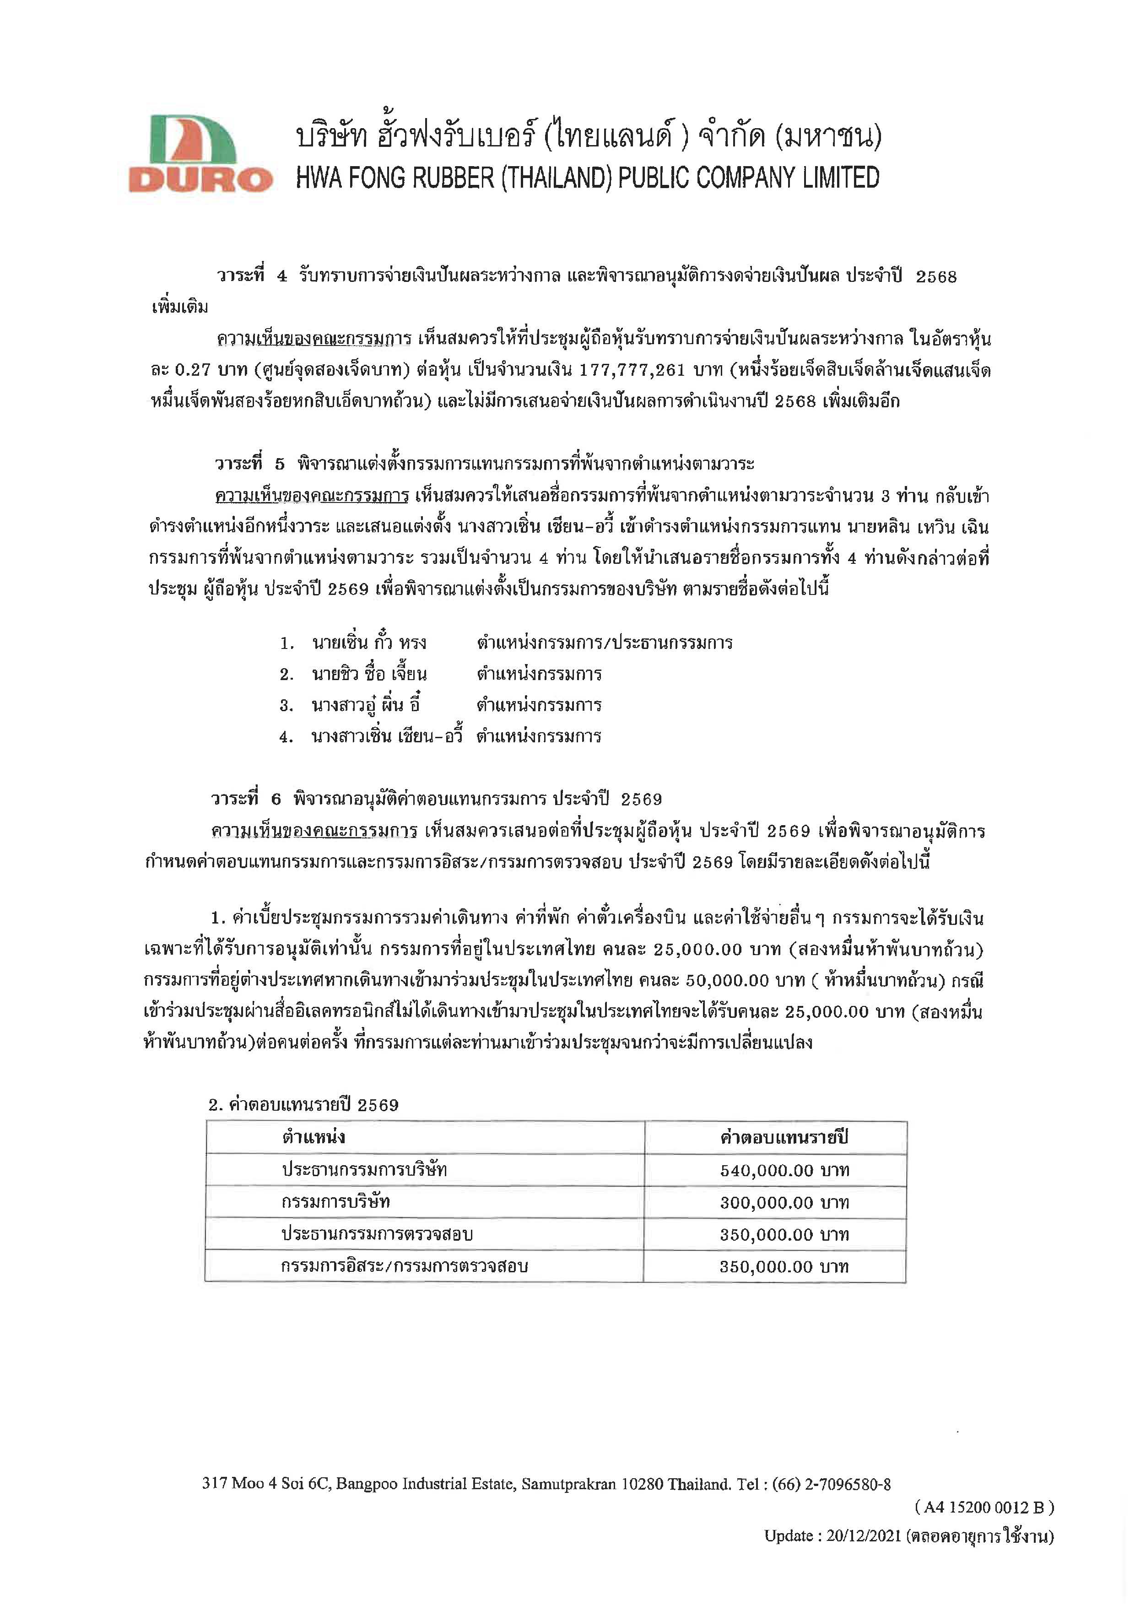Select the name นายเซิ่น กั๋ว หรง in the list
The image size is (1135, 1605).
(x=369, y=643)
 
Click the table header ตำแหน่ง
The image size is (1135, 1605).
(x=314, y=1137)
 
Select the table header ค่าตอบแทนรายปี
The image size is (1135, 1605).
(x=784, y=1137)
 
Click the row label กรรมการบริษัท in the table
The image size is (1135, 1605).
(x=335, y=1202)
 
